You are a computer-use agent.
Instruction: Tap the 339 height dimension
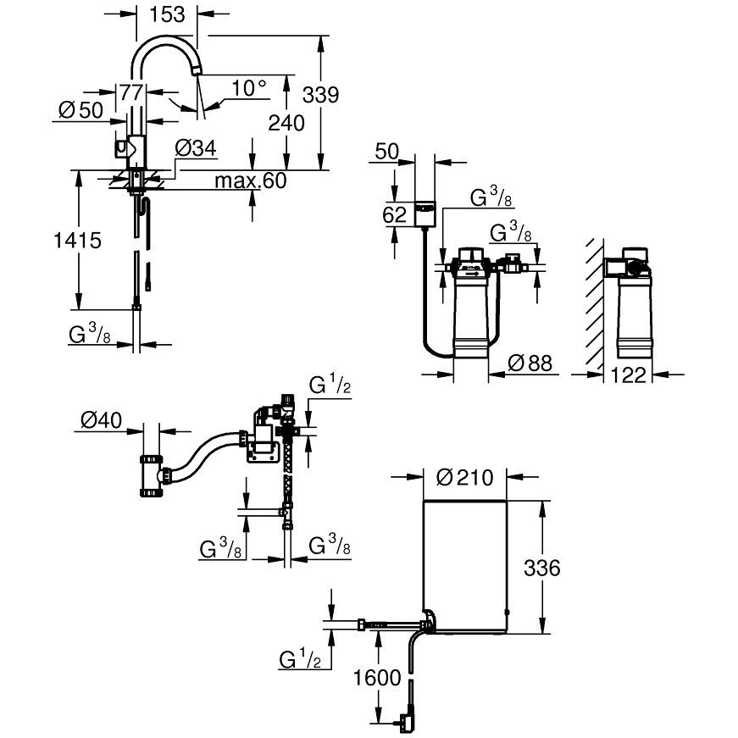coord(320,94)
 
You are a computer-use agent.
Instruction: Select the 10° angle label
coord(248,86)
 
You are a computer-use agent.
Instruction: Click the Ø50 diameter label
coord(80,111)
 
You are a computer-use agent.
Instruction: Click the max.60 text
coord(250,180)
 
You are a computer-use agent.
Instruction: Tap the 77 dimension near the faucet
coord(130,92)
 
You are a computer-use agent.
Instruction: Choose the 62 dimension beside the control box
coord(395,214)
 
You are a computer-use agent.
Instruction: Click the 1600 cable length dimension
coord(377,678)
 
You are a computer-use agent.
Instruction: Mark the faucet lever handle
coord(125,149)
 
